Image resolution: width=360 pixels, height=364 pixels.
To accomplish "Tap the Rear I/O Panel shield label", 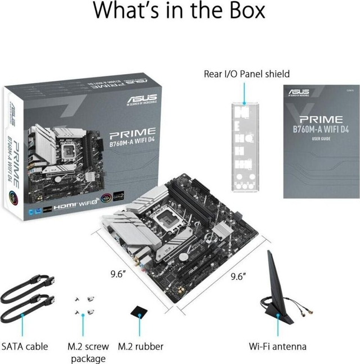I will pos(246,74).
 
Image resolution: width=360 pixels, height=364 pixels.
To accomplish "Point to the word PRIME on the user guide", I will pos(321,119).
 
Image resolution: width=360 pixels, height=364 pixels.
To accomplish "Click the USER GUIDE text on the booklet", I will pos(321,138).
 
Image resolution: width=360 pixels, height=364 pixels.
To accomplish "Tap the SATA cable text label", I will pos(25,347).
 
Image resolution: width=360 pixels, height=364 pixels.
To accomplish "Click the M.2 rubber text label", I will pos(141,347).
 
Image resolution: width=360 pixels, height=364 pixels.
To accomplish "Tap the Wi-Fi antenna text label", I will pos(278,347).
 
